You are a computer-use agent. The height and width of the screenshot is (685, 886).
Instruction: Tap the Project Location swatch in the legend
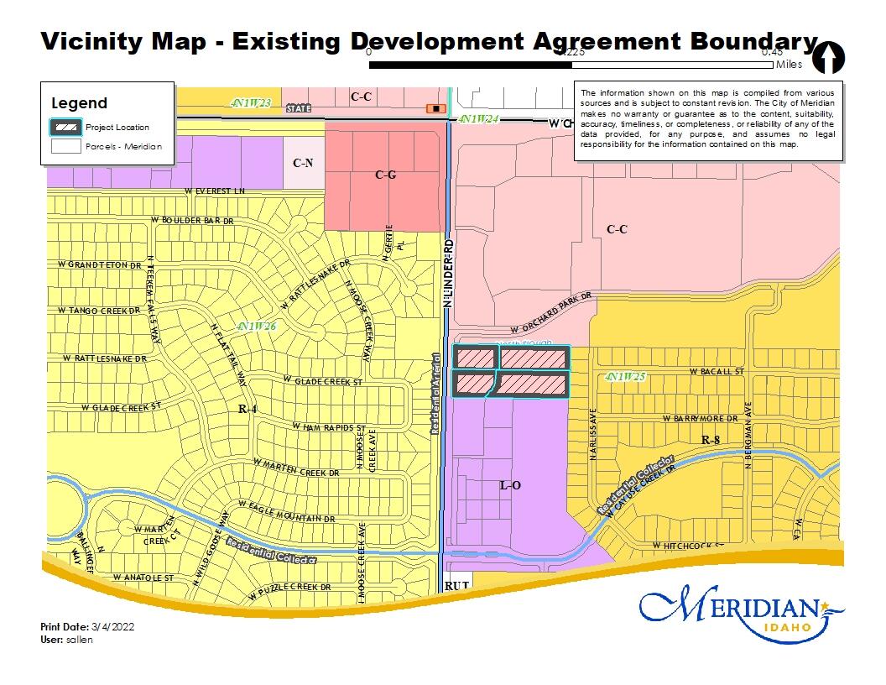(x=67, y=128)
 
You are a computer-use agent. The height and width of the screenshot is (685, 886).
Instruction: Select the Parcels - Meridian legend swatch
(x=67, y=146)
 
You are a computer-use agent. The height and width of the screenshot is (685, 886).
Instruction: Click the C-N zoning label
(x=303, y=161)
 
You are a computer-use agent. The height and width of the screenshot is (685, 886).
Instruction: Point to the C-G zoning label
(x=385, y=175)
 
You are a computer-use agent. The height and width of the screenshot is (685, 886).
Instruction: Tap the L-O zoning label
(x=511, y=485)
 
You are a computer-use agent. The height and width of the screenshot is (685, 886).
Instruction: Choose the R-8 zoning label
(x=711, y=440)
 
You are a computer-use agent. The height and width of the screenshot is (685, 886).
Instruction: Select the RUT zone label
(x=456, y=585)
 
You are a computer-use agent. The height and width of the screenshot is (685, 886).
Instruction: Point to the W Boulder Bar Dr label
(x=191, y=220)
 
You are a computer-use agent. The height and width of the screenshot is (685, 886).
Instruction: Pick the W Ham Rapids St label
(x=330, y=427)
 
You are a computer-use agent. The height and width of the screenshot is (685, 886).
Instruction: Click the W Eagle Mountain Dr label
(x=286, y=512)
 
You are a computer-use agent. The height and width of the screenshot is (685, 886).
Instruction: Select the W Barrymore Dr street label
(x=700, y=418)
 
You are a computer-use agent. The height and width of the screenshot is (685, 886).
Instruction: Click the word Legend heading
(x=80, y=103)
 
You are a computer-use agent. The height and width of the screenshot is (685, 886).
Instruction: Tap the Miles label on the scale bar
(x=789, y=65)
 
